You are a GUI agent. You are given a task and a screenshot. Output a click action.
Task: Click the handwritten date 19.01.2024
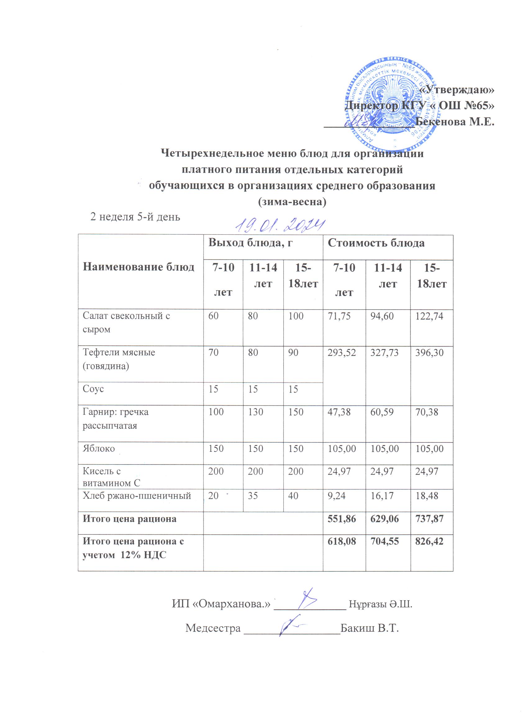[x=280, y=226]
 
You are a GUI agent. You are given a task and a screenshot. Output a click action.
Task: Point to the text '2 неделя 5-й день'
[x=135, y=217]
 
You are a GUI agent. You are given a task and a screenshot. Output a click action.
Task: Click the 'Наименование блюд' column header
[x=138, y=267]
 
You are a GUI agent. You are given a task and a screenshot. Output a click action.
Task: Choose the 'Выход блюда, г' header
[x=251, y=243]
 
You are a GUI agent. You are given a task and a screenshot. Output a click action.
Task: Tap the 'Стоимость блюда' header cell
[x=376, y=243]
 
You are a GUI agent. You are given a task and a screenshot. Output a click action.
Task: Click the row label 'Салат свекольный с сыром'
[x=126, y=322]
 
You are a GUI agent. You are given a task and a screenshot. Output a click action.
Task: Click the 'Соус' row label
[x=93, y=389]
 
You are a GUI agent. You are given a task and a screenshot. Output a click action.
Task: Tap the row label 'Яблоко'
[x=99, y=448]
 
